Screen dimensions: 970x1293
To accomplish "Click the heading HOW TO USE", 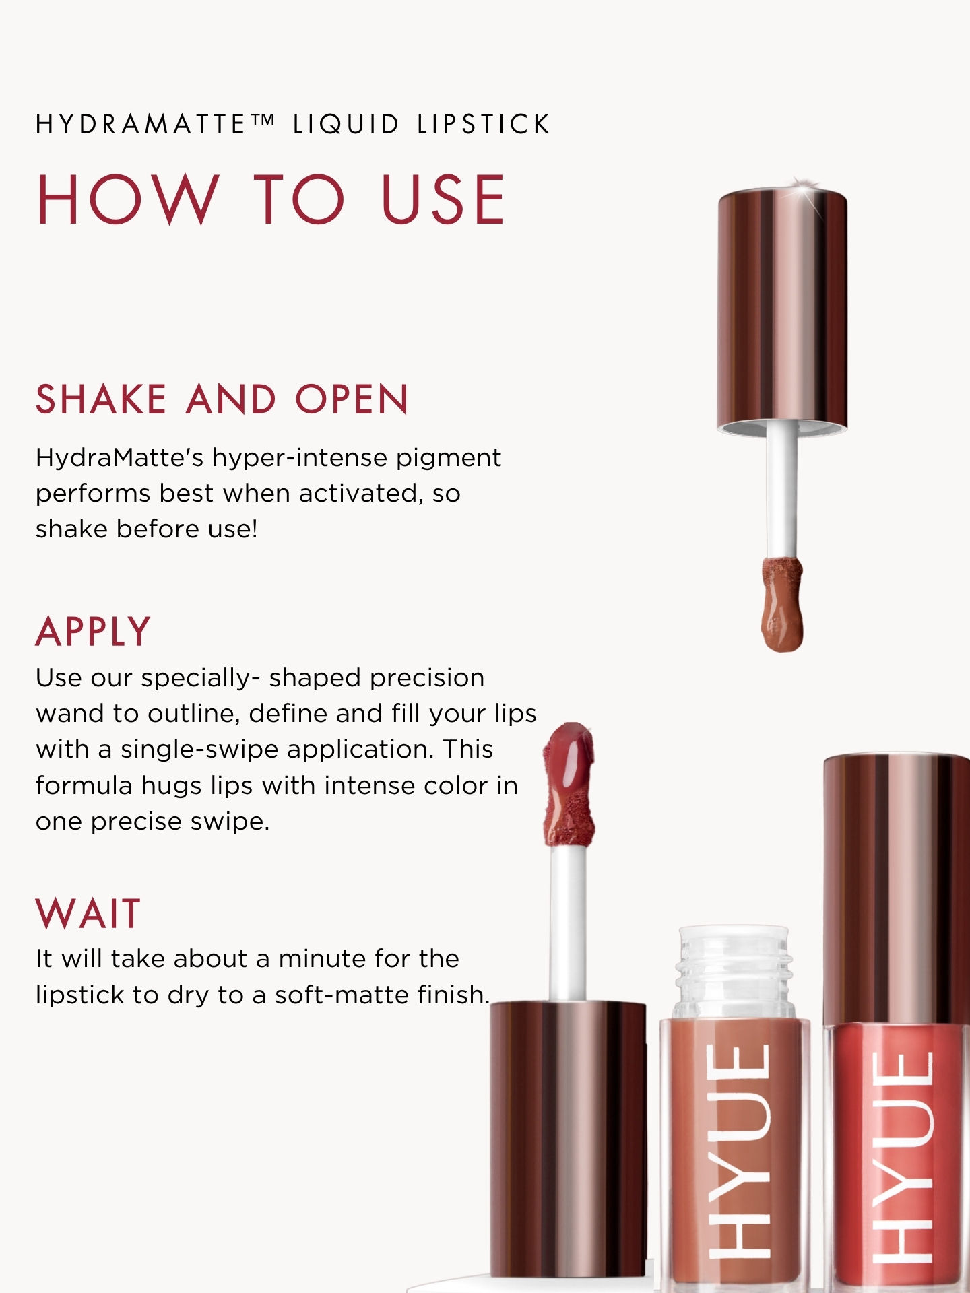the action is [x=271, y=199].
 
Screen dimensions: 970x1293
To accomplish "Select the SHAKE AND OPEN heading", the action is [x=222, y=399].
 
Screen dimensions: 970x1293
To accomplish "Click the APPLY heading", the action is [x=93, y=632].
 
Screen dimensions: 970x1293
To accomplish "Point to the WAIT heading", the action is [x=88, y=914].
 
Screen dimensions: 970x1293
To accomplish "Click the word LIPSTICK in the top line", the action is [x=484, y=125].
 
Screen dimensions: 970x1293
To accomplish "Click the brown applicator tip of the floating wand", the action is [x=782, y=603].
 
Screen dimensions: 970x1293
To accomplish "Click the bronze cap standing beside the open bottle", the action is [x=568, y=1138].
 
